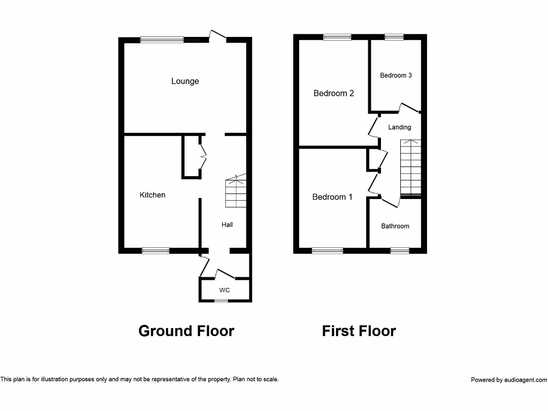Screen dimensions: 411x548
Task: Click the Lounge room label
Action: (x=185, y=81)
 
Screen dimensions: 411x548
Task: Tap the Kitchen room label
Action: (x=153, y=195)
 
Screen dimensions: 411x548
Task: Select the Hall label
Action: (x=227, y=225)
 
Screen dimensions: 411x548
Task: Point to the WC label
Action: (x=224, y=290)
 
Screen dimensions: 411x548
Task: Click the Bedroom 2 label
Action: (x=333, y=93)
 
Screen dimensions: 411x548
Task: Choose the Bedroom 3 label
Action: (x=395, y=75)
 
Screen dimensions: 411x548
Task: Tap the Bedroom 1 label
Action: (x=332, y=197)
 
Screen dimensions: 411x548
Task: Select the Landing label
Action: (x=400, y=127)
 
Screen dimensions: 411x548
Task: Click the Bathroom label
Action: (x=395, y=226)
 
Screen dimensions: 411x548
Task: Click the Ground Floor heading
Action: (x=186, y=331)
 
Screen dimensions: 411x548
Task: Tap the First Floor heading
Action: (x=359, y=331)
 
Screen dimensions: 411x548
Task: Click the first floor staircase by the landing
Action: (x=411, y=167)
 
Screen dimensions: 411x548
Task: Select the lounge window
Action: (x=162, y=39)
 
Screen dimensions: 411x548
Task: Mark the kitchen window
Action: (x=156, y=250)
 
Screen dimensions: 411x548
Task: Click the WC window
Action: (x=221, y=301)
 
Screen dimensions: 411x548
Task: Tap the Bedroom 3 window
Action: (x=394, y=37)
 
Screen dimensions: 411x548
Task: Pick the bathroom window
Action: (x=399, y=250)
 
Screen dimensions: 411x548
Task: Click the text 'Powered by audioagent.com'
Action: (x=508, y=380)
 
